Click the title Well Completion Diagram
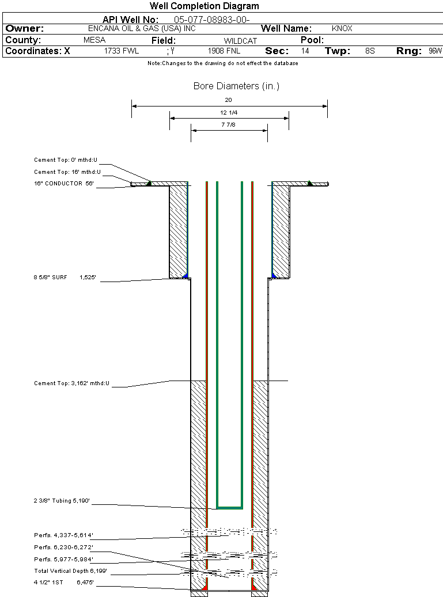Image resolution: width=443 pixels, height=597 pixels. coord(204,6)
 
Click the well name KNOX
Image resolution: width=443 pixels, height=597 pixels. coord(342,28)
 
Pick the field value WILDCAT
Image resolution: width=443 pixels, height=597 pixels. coord(240,41)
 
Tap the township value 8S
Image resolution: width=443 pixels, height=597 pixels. coord(370,51)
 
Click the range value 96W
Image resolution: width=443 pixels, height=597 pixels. coord(435,51)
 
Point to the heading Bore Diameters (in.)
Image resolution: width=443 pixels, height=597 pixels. coord(236,86)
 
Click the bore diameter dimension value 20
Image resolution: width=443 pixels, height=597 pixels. coord(229,100)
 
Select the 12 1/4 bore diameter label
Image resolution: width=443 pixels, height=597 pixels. coord(229,112)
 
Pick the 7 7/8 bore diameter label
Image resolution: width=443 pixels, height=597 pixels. coord(229,125)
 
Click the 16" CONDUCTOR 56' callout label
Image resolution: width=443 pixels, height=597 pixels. coord(63,184)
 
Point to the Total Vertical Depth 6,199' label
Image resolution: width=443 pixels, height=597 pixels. coord(70,571)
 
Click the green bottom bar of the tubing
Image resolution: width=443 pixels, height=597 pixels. coord(230,508)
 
